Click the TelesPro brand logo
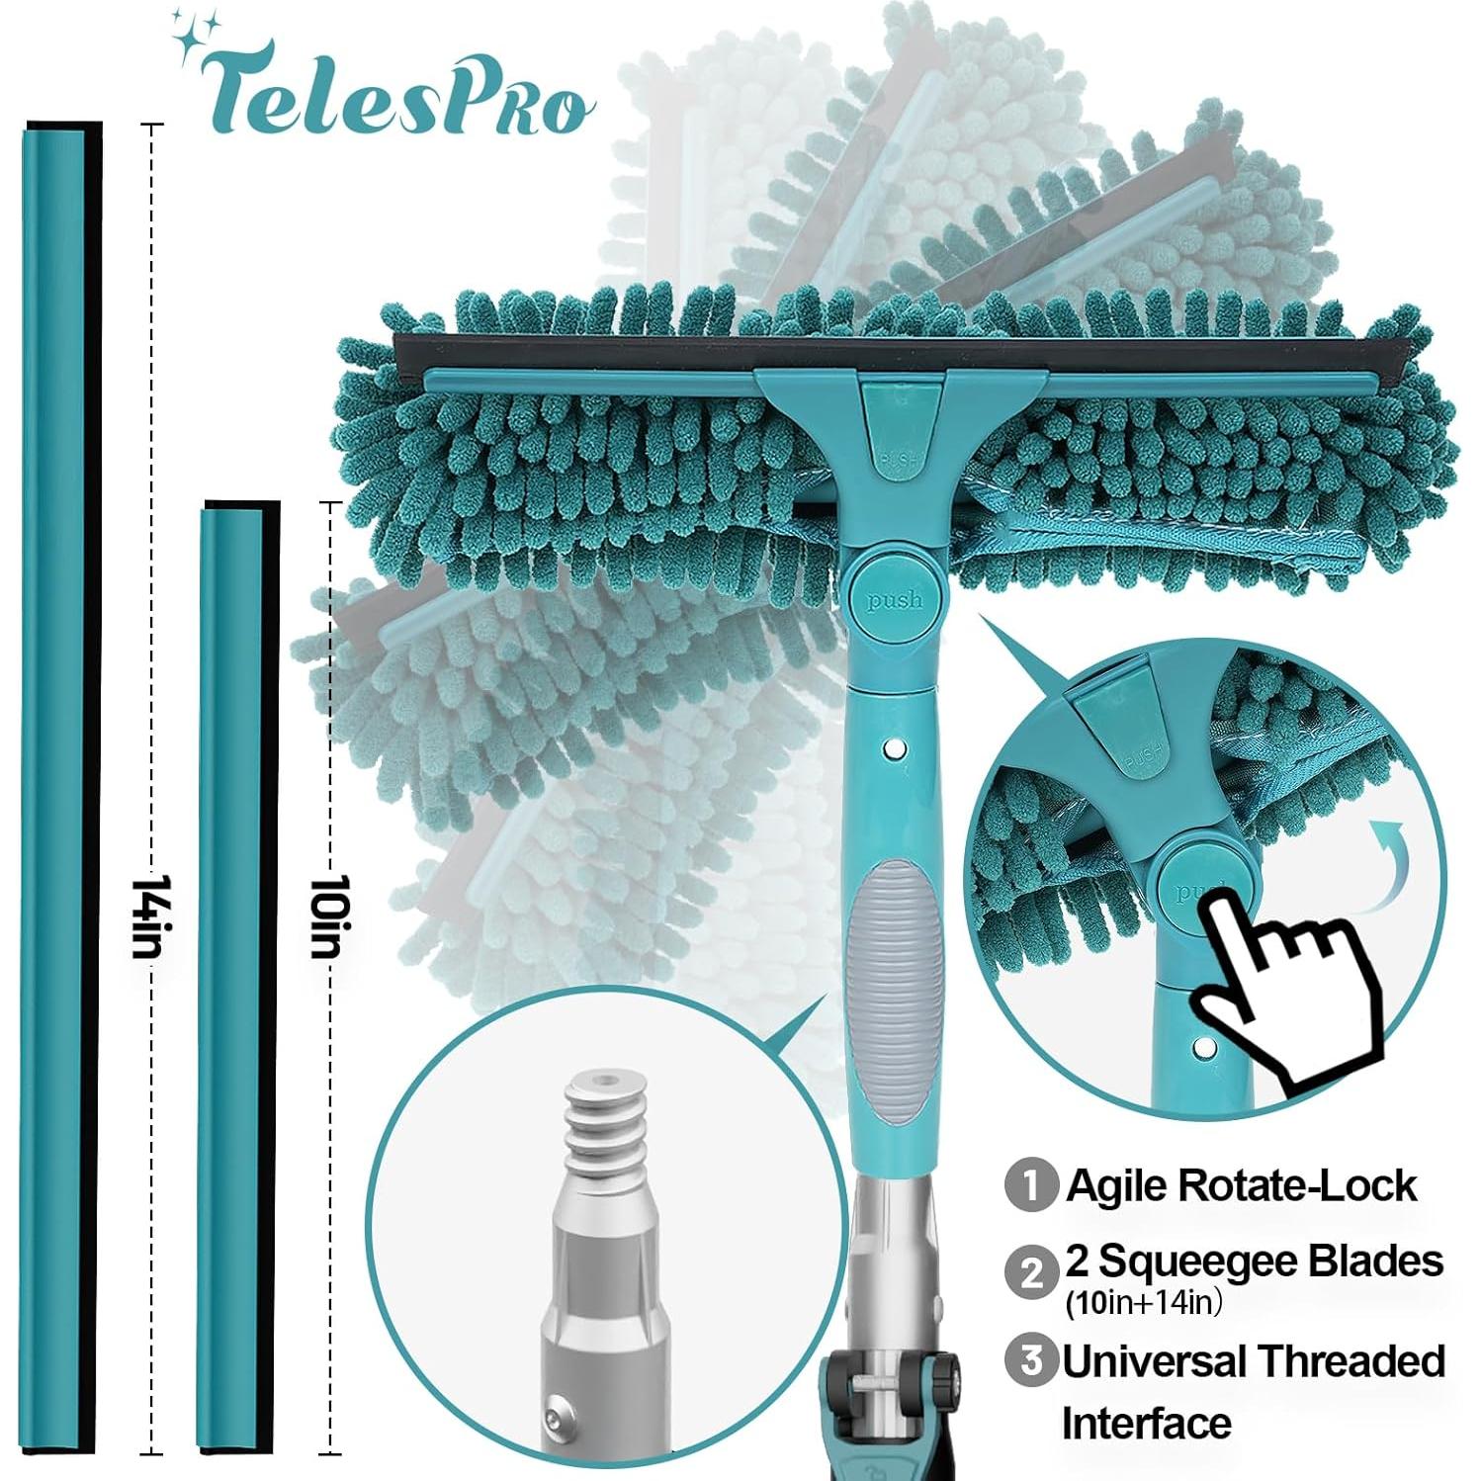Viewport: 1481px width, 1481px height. pos(395,89)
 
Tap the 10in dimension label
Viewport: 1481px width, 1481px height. pos(326,915)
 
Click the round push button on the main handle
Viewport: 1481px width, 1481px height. pos(894,598)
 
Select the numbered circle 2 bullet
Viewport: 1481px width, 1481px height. pos(1031,1271)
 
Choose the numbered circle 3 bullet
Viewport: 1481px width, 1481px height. pos(1031,1361)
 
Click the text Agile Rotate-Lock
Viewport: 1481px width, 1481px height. pos(1242,1185)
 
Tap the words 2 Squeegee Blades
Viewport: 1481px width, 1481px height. pos(1254,1262)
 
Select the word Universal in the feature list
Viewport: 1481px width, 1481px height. pos(1155,1361)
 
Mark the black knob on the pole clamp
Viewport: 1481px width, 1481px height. pos(945,1371)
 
